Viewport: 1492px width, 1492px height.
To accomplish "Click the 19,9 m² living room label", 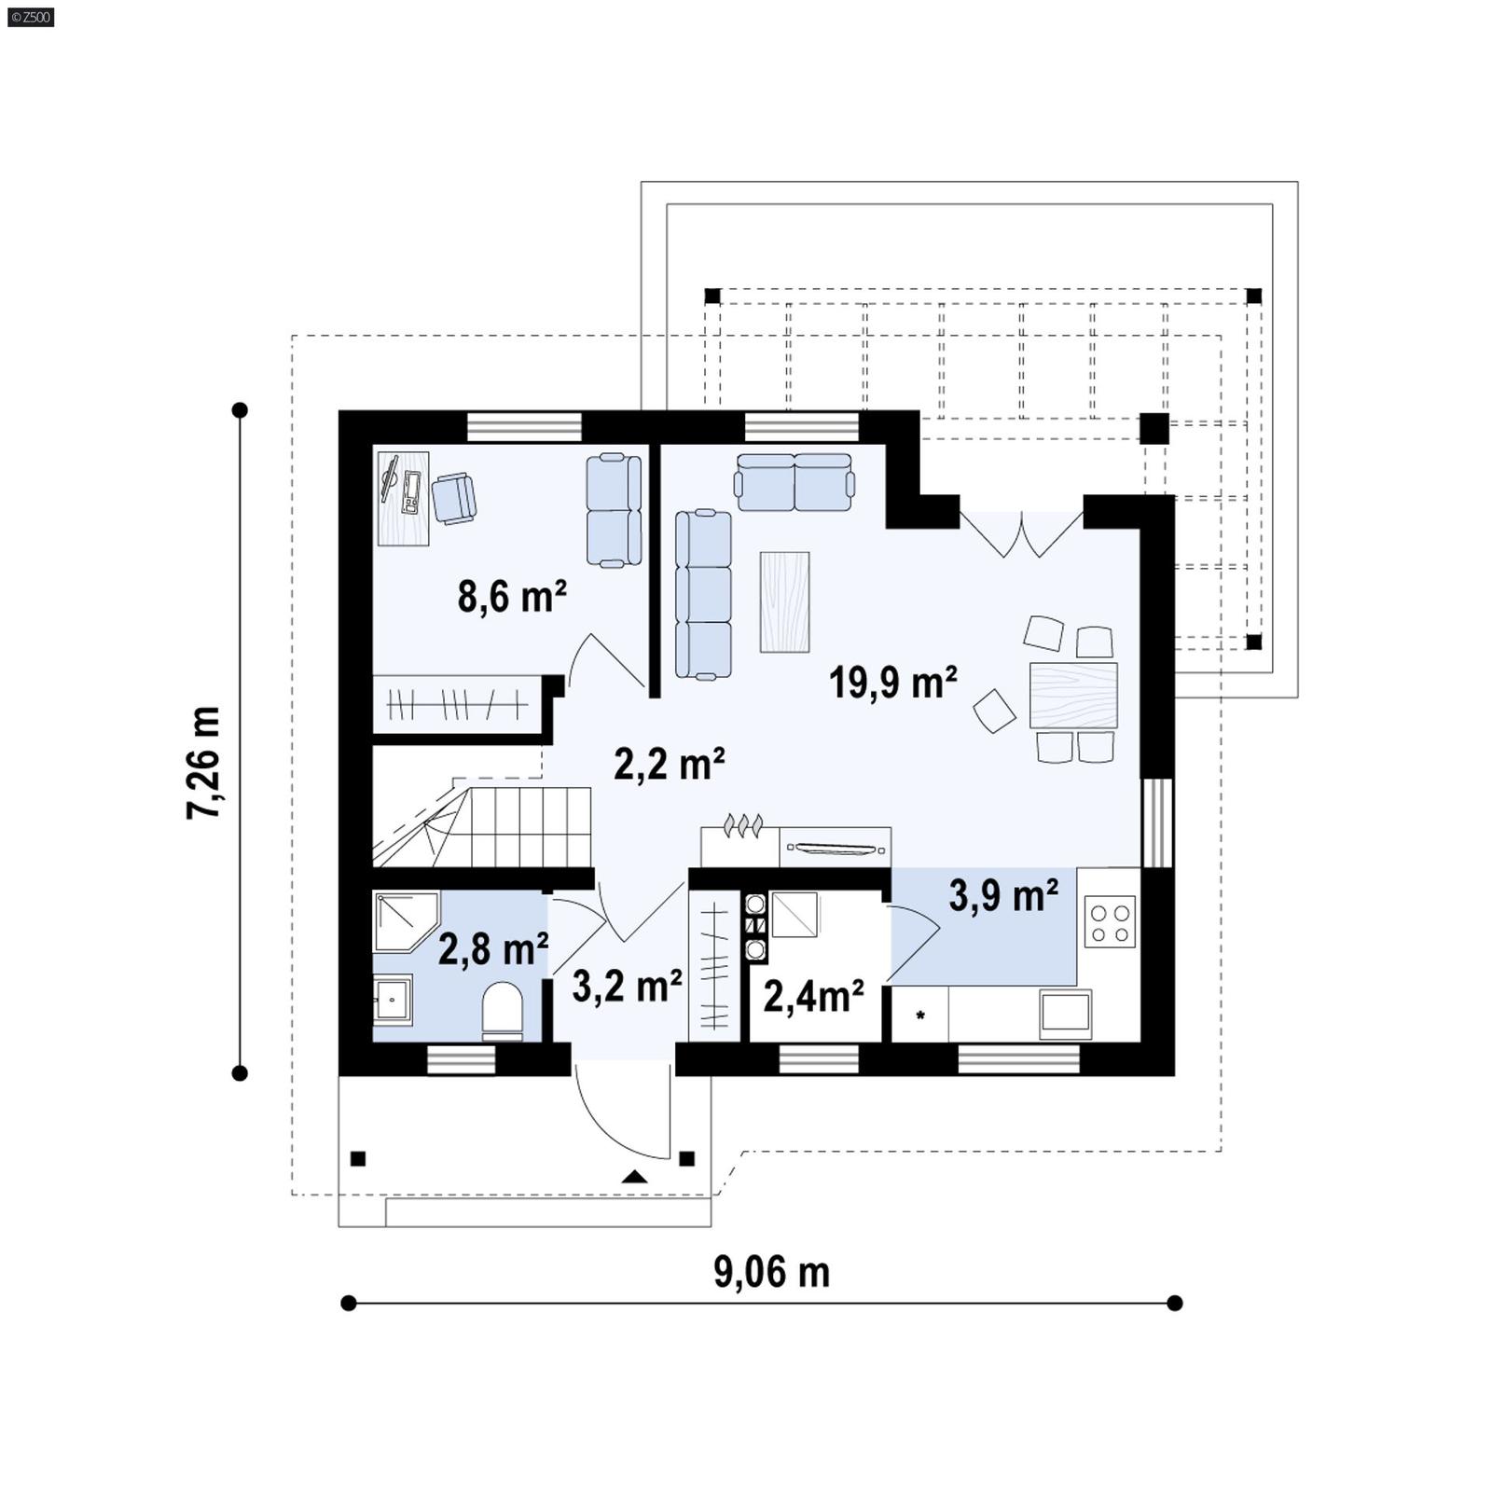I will pos(892,683).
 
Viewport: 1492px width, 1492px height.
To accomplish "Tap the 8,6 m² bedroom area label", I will pos(512,597).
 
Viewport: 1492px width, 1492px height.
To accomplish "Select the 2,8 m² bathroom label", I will pos(492,950).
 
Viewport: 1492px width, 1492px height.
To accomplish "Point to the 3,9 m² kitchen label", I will pos(1003,895).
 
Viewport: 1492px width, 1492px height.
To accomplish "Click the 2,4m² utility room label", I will pos(813,996).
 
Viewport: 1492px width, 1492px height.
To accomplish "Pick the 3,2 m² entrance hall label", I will pos(627,986).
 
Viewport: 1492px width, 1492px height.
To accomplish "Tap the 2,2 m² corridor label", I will pos(670,764).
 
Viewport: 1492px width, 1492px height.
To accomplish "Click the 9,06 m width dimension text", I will pos(771,1272).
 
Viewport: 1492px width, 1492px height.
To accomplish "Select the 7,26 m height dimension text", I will pos(204,763).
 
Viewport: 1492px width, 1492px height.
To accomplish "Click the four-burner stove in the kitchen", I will pos(1111,921).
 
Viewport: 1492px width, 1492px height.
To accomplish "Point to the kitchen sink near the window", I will pos(1065,1014).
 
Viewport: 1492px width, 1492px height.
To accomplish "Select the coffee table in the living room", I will pos(784,601).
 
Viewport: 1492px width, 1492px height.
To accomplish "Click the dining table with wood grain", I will pos(1073,696).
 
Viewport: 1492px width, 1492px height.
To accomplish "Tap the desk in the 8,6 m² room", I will pos(404,498).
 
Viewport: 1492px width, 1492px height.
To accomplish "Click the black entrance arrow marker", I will pos(635,1177).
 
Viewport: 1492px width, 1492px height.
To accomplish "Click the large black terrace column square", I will pos(1154,428).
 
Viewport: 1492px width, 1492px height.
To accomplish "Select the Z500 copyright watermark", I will pos(30,16).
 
